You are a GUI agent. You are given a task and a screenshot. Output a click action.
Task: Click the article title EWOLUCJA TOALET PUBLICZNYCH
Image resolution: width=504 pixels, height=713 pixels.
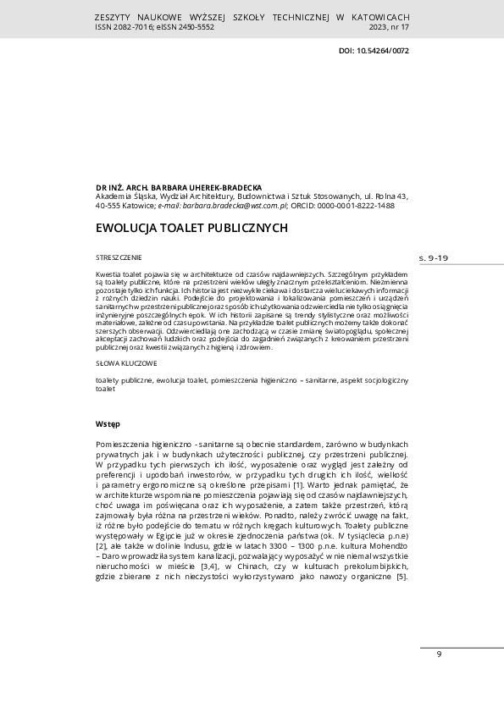click(192, 228)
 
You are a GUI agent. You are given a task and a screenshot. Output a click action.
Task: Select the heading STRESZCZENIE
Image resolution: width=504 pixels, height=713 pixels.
click(119, 257)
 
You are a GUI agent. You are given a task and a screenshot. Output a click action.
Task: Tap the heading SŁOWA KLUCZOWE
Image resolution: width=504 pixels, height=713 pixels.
click(126, 362)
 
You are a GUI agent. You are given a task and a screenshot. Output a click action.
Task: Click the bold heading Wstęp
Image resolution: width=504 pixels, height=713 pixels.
click(108, 423)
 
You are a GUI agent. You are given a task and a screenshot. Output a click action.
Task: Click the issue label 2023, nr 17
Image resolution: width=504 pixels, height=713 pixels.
click(389, 27)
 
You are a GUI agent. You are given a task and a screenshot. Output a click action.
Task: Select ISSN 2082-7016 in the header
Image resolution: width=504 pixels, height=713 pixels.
click(122, 27)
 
